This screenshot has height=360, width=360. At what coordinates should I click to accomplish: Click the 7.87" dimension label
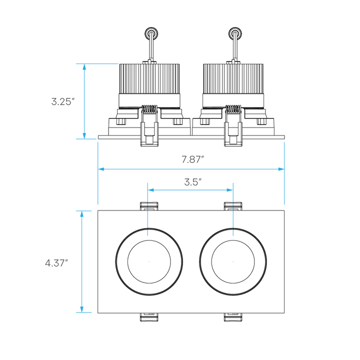192,160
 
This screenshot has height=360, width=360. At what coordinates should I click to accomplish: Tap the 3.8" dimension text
192,182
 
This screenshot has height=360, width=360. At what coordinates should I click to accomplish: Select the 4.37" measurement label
56,263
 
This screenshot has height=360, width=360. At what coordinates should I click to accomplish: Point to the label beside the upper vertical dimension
62,101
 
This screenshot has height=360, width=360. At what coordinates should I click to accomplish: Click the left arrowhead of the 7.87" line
101,169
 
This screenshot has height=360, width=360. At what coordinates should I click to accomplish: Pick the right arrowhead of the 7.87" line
280,169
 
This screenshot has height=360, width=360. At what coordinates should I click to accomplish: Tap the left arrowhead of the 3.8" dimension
151,190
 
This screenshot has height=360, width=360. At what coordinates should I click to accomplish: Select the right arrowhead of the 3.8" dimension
229,190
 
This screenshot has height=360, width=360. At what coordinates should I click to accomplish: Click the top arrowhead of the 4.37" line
82,215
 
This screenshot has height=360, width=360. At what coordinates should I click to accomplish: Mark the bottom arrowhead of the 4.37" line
82,307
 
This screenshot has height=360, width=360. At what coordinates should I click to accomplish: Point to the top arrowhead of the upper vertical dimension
84,68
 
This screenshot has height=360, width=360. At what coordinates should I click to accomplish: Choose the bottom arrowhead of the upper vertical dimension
84,134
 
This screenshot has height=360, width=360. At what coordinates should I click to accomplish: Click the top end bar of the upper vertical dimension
96,63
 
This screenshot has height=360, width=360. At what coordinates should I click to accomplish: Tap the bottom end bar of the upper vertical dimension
85,138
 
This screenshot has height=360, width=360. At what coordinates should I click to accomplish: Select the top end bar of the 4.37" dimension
83,211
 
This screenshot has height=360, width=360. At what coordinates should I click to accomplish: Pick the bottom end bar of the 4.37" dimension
83,312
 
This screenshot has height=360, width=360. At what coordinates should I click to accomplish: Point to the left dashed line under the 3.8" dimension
147,220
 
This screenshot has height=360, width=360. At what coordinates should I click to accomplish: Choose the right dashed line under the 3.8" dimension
233,220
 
